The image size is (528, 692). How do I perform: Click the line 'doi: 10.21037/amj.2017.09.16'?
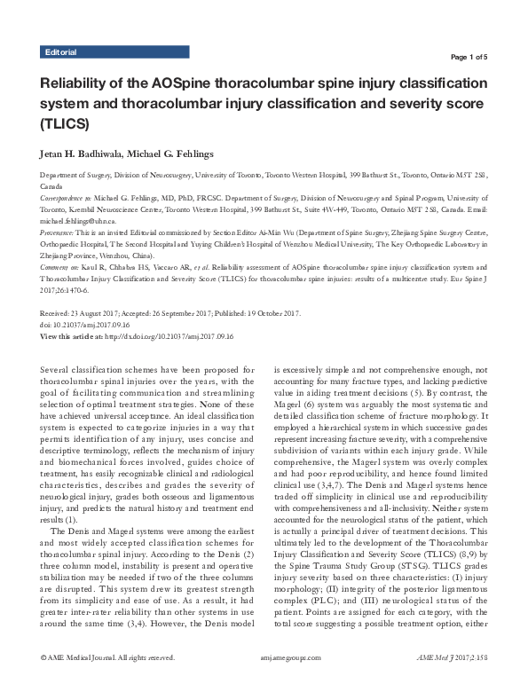click(x=91, y=324)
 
